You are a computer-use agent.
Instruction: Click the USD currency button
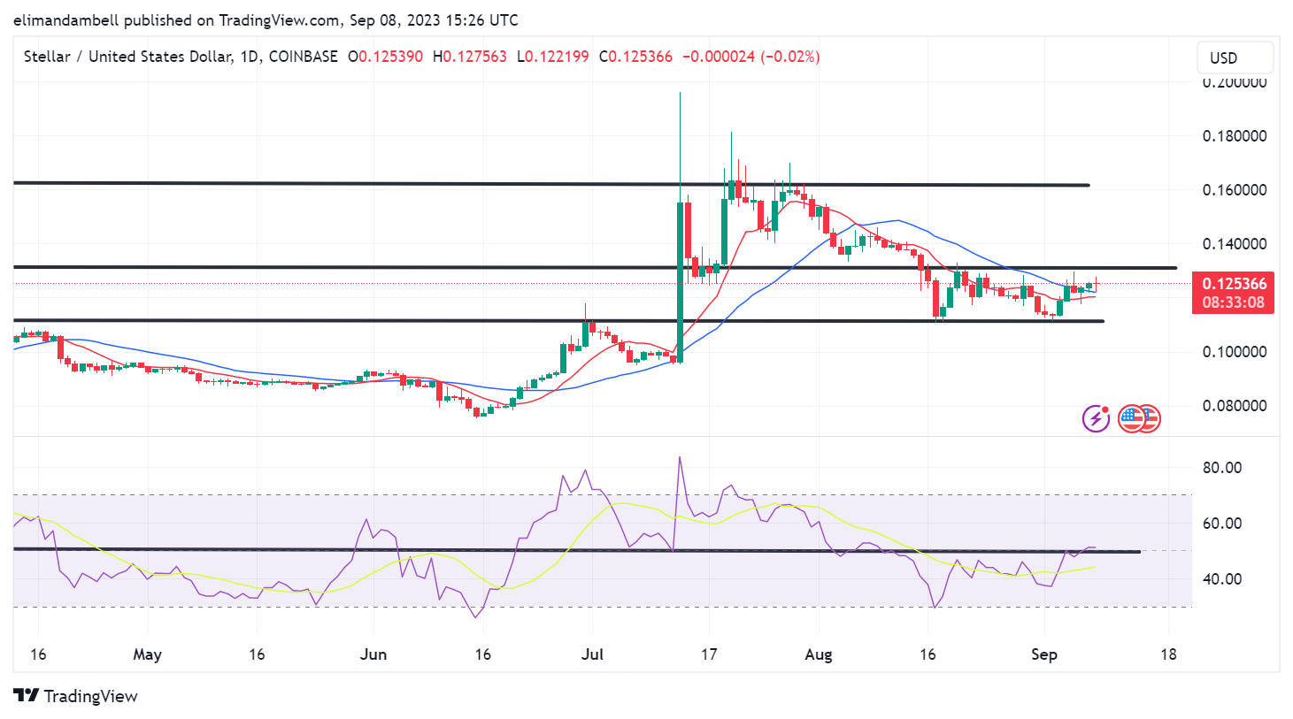click(x=1235, y=57)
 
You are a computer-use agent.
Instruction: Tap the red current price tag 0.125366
click(x=1234, y=284)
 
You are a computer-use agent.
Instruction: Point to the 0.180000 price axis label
click(x=1234, y=136)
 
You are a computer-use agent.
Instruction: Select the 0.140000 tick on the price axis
click(x=1234, y=244)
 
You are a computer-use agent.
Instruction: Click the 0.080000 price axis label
click(x=1234, y=406)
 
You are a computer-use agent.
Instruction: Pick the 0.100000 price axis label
click(x=1234, y=352)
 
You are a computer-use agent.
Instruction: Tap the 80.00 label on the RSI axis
click(x=1221, y=468)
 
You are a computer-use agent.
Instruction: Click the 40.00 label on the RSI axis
click(x=1221, y=579)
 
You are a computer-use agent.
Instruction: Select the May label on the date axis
click(x=147, y=654)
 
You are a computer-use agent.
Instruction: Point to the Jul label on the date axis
click(x=592, y=654)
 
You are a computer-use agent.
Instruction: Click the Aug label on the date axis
click(x=819, y=654)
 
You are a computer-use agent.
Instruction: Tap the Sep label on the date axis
click(x=1044, y=654)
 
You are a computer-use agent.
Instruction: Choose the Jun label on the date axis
click(x=373, y=654)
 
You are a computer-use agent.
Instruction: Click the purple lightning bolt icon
click(x=1096, y=418)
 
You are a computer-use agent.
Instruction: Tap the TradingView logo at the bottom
click(x=76, y=696)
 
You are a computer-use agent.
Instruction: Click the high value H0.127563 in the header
click(x=470, y=57)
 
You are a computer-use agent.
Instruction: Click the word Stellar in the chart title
click(x=47, y=57)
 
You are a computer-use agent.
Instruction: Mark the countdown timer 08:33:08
click(x=1234, y=302)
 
